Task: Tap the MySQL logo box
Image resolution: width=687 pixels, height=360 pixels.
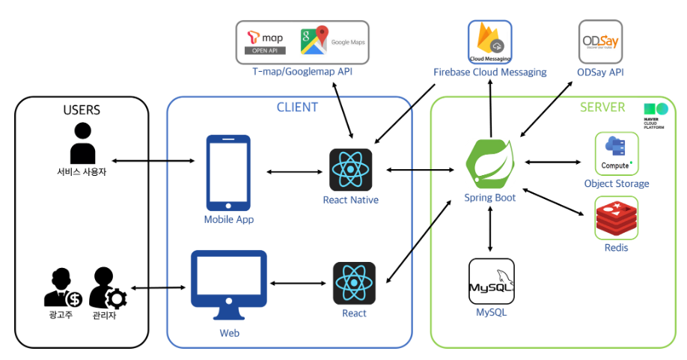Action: pos(491,281)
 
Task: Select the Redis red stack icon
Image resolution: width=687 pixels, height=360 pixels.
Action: pos(616,219)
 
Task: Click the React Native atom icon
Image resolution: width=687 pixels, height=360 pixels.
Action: pos(350,170)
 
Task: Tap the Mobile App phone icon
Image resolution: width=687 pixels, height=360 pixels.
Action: pos(228,172)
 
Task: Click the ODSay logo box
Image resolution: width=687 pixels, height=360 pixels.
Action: pos(600,42)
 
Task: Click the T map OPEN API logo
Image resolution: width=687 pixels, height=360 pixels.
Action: pos(266,42)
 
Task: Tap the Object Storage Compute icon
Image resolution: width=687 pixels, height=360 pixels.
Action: pos(616,153)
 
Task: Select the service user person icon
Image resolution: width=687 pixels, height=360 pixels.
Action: pos(82,144)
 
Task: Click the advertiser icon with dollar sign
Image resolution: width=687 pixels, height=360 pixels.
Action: pos(63,288)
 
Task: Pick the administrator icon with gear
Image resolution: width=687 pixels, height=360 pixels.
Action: pos(107,288)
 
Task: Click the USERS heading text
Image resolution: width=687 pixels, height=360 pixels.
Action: pos(82,110)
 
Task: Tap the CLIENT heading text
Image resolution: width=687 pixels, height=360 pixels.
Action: pos(297,107)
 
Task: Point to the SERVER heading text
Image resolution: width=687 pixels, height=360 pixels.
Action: pos(602,107)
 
